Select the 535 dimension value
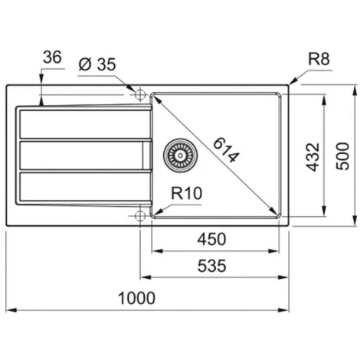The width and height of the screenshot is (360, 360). coord(212,266)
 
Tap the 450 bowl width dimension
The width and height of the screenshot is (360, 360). coord(212,238)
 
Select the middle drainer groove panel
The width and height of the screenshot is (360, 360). coord(80,155)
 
